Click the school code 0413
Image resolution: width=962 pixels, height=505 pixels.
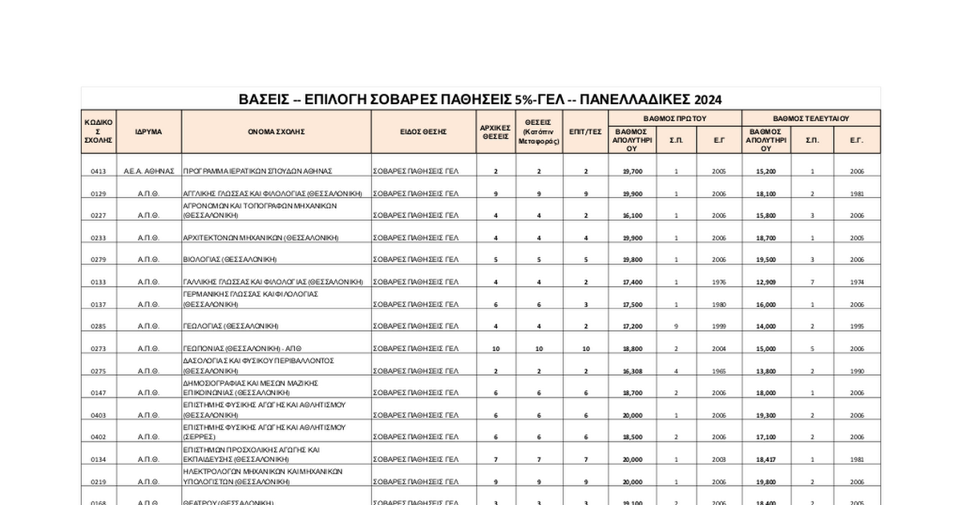coord(98,172)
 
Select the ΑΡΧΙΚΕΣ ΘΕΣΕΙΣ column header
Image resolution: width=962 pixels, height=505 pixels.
coord(495,131)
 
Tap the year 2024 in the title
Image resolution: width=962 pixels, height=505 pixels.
coord(708,99)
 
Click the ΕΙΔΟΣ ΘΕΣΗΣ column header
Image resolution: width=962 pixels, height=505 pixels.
coord(423,131)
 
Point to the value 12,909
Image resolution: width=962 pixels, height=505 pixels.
coord(766,282)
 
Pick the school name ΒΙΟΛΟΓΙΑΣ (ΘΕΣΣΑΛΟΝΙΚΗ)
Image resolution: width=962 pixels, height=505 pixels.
coord(230,260)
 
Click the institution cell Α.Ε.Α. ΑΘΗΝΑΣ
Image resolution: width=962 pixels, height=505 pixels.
coord(143,172)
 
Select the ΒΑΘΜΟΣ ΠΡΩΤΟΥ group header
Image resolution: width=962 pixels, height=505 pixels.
coord(674,118)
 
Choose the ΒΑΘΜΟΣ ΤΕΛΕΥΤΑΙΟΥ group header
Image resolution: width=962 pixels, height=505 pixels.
coord(810,118)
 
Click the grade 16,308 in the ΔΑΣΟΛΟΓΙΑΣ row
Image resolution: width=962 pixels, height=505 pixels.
coord(632,371)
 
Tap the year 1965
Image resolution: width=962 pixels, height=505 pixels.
coord(718,371)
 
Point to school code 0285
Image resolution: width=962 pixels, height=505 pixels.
coord(98,326)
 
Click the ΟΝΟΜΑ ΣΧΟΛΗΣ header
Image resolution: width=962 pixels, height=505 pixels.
coord(276,131)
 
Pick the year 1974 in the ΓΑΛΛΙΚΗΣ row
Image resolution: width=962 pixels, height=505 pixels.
coord(857,282)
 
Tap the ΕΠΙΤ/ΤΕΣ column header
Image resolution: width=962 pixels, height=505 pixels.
coord(585,131)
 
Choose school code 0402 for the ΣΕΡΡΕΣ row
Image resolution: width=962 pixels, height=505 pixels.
coord(98,437)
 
